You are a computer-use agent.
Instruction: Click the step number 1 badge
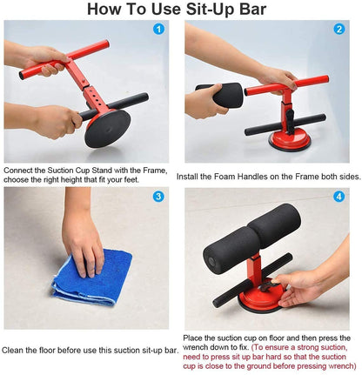tap(158, 29)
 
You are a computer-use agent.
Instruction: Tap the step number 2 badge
tap(339, 29)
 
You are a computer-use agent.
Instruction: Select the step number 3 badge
tap(158, 197)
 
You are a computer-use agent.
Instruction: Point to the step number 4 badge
tap(339, 197)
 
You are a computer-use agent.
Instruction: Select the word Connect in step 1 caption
tap(19, 171)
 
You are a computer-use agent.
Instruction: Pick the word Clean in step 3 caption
tap(17, 349)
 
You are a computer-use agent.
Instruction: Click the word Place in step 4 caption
tap(196, 337)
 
